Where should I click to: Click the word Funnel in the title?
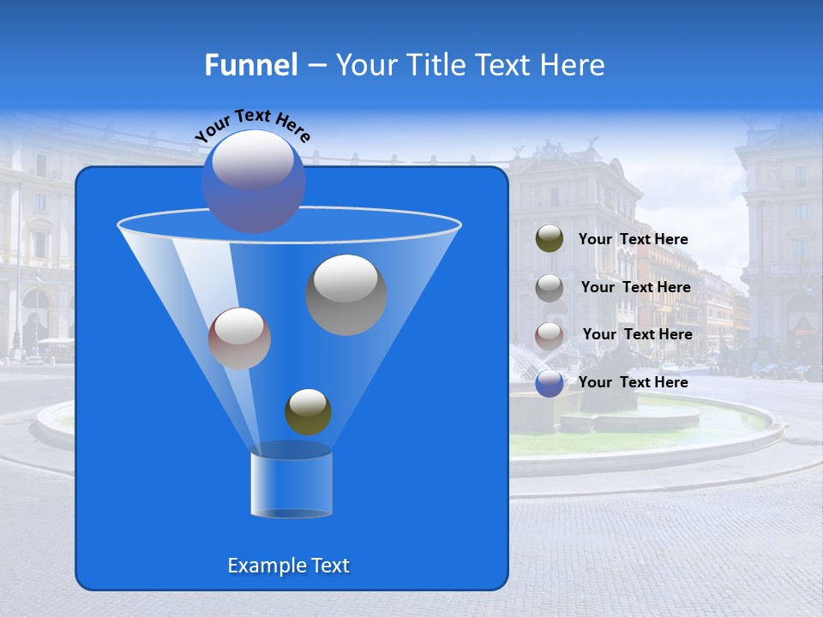[250, 65]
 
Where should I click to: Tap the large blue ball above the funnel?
[253, 181]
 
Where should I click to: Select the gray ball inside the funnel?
[346, 295]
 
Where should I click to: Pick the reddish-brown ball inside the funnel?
[239, 338]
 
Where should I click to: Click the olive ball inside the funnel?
[308, 411]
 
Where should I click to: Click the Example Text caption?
[288, 566]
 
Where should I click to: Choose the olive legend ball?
[550, 239]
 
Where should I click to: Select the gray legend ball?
[550, 287]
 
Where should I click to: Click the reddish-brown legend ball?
[550, 335]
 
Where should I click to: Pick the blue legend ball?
[550, 383]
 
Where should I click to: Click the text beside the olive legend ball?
[633, 240]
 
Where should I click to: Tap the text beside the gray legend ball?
[635, 288]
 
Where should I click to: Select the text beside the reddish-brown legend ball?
[637, 335]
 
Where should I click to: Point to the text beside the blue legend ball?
[633, 383]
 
